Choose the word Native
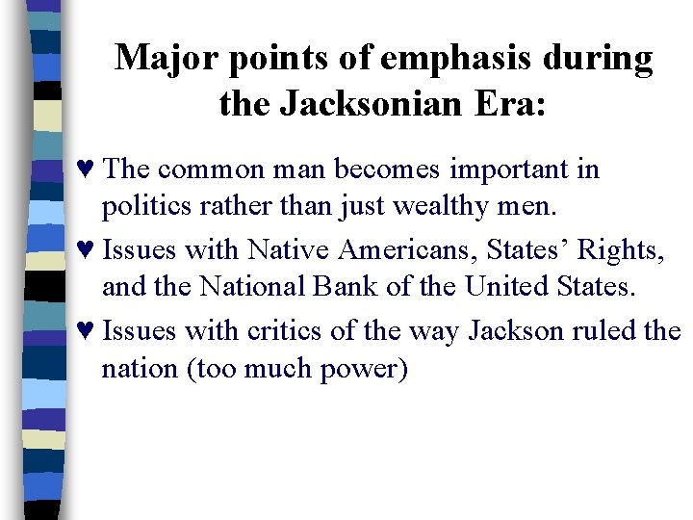288,251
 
